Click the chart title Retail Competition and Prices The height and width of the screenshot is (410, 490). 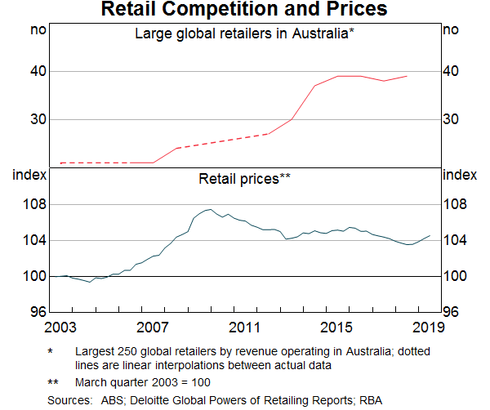(x=244, y=11)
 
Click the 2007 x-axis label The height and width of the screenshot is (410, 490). (x=152, y=328)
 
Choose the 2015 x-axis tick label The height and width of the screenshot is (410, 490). (x=336, y=328)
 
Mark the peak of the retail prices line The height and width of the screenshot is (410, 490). (x=211, y=209)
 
